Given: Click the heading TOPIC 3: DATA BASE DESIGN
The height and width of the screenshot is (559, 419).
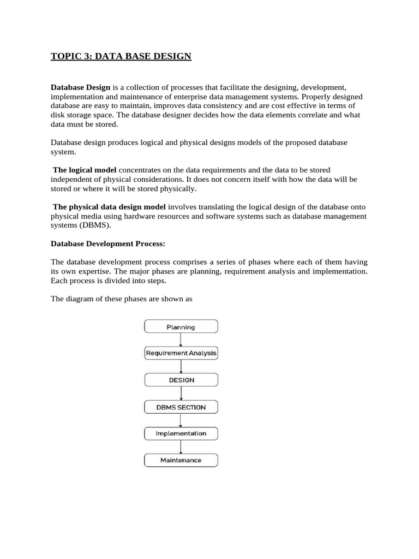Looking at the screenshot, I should (x=121, y=56).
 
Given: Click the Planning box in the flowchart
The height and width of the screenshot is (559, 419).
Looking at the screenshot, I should (x=181, y=326).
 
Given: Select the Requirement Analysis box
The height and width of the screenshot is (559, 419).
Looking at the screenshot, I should (x=181, y=353).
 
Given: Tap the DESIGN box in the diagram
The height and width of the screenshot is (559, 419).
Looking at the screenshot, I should (x=181, y=380).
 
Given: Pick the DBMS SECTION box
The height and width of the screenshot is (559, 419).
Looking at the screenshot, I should (x=181, y=407).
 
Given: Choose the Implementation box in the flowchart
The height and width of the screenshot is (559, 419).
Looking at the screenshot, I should (x=181, y=433).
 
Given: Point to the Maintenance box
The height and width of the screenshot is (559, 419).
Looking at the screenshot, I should (x=181, y=460).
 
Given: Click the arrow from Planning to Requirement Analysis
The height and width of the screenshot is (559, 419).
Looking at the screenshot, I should (x=181, y=340).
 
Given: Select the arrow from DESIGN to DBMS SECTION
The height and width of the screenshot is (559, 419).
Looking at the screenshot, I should (x=181, y=393).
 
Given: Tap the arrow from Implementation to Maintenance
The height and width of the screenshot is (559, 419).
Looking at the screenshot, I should (x=181, y=447).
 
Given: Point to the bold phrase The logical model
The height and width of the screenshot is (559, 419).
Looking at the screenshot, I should (x=85, y=170).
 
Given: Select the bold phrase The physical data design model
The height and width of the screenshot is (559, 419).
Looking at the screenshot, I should (x=109, y=207).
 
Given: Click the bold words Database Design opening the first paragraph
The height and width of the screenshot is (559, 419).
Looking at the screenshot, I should (x=81, y=87).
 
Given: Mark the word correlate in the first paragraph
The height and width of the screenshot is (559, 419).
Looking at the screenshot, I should (x=317, y=115).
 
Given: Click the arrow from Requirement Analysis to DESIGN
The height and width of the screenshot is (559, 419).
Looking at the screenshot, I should (x=181, y=366).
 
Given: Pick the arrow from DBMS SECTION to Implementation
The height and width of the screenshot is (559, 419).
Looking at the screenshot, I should (x=181, y=420).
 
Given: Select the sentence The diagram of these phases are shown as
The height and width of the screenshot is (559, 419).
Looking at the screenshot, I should (x=122, y=299).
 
